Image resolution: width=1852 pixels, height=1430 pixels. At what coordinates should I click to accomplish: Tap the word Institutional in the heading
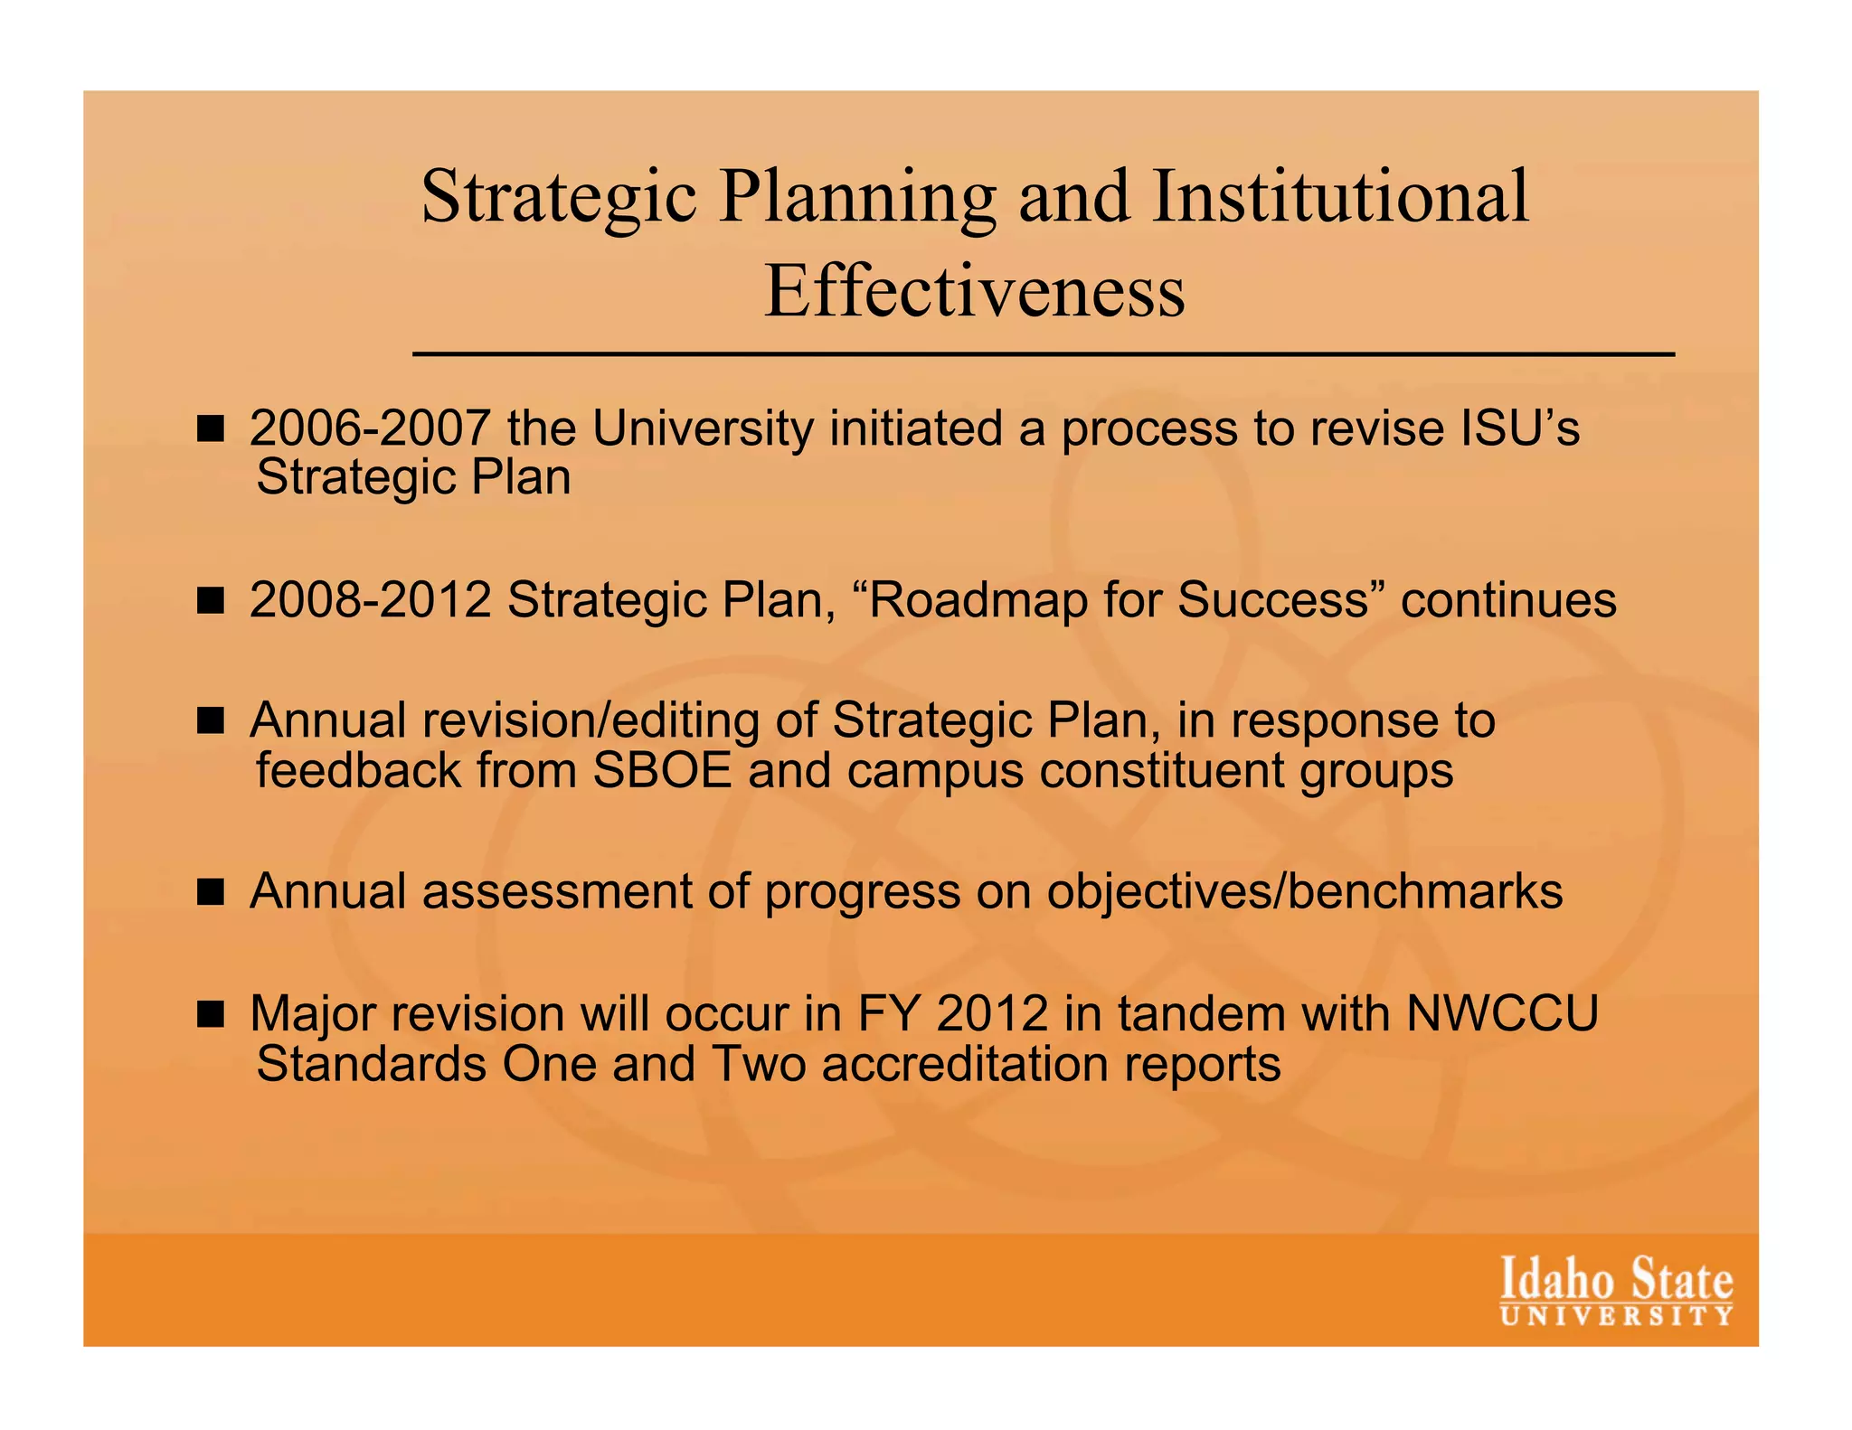[x=1340, y=196]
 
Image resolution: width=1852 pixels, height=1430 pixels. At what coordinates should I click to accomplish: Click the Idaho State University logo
[x=1617, y=1291]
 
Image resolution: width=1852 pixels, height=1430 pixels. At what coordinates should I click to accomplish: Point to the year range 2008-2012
[x=371, y=600]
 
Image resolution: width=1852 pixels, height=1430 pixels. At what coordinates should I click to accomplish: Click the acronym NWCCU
[x=1502, y=1013]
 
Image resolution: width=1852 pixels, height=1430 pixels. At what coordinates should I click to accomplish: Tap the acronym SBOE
[x=662, y=770]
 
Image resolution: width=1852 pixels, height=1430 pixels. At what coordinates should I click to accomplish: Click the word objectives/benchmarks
[x=1305, y=891]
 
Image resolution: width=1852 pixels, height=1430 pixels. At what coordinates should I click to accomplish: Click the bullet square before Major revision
[x=210, y=1014]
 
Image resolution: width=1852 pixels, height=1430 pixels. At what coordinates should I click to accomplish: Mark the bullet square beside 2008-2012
[x=210, y=601]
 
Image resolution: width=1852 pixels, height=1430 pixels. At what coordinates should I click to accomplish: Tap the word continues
[x=1508, y=600]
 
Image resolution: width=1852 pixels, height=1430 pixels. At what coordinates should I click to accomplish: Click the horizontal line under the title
[x=1043, y=354]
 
